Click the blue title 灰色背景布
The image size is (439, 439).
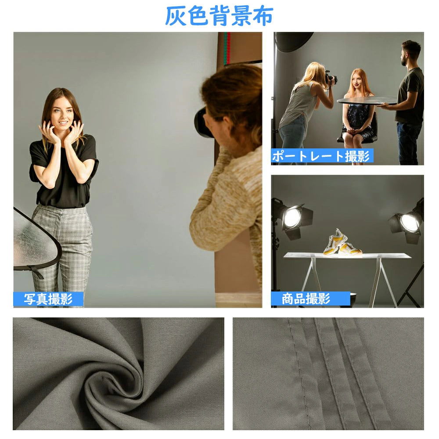tap(219, 16)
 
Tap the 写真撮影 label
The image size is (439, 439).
tap(48, 299)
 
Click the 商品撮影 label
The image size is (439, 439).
tap(306, 299)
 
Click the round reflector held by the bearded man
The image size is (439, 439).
tap(367, 100)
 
